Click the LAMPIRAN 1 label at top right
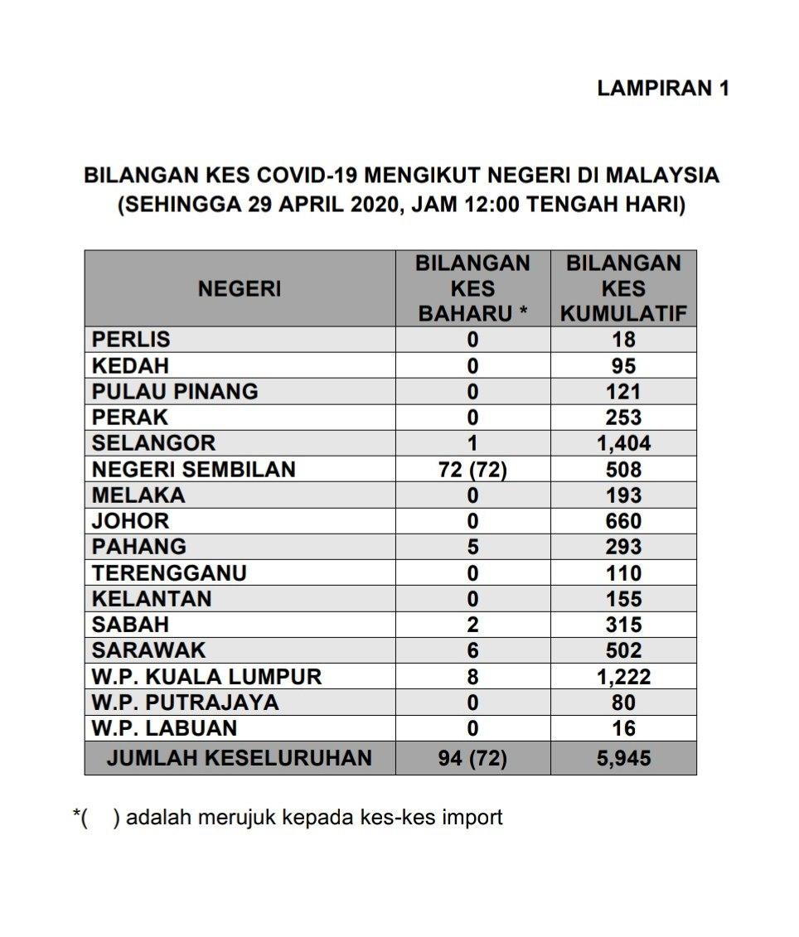662,89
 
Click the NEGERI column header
239,289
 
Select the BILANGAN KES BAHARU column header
472,289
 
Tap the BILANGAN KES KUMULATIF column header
623,289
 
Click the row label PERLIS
131,340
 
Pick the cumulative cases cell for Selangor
623,443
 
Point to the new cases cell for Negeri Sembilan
472,470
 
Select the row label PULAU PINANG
175,391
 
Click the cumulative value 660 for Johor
623,521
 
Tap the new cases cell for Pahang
472,547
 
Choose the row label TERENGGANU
169,573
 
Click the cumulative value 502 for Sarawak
623,650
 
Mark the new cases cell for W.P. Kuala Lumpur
472,677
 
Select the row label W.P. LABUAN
164,728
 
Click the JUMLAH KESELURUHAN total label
239,757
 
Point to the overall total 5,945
623,757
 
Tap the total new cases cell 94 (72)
472,757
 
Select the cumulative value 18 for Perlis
623,340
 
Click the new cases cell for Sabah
472,625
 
